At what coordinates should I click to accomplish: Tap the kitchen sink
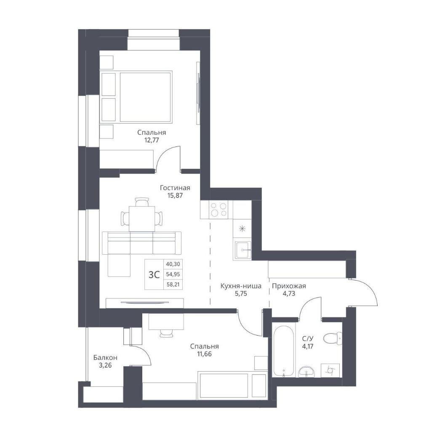(243, 250)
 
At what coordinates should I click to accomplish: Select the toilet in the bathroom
(333, 338)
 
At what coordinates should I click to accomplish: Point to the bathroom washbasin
(306, 372)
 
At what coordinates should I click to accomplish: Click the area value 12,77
(152, 140)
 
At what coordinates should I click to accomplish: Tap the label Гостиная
(175, 187)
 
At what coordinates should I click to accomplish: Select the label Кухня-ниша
(241, 286)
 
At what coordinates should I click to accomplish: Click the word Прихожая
(289, 286)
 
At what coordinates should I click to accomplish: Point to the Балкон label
(105, 357)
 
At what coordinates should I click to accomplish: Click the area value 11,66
(204, 354)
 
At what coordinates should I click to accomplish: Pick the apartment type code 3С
(154, 274)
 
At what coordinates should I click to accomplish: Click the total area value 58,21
(173, 284)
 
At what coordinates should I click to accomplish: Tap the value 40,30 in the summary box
(173, 264)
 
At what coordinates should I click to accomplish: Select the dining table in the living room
(142, 218)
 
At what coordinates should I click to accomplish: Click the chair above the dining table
(142, 202)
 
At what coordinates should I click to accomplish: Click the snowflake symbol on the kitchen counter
(242, 229)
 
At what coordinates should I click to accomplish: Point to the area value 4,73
(289, 293)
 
